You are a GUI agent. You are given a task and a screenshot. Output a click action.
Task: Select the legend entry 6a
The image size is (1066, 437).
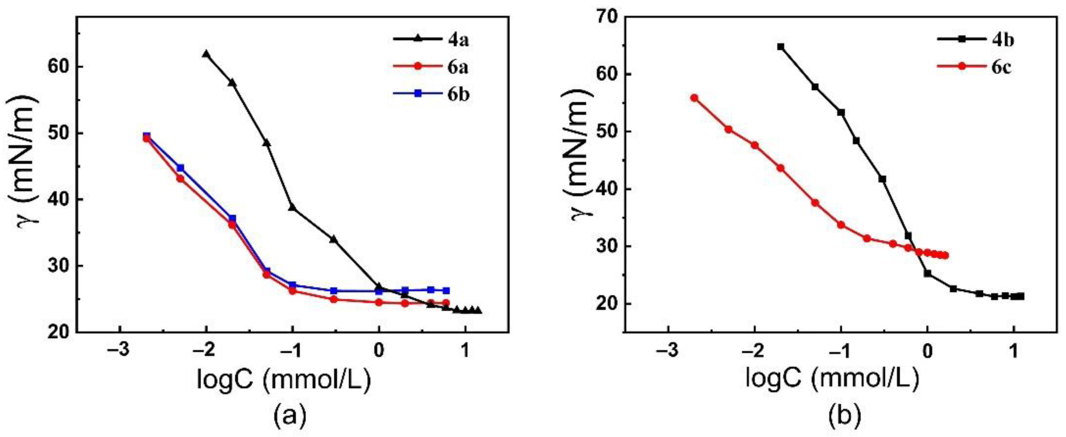tap(432, 67)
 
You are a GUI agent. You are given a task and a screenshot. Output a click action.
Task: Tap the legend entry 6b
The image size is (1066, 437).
tap(432, 94)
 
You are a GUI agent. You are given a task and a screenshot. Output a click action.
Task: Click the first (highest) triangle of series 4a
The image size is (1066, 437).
tap(206, 54)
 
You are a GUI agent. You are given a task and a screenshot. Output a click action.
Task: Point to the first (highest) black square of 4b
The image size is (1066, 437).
tap(781, 47)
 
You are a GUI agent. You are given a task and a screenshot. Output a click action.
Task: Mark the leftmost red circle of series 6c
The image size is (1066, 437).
tap(694, 98)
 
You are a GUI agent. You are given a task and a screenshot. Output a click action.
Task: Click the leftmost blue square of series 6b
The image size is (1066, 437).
tap(146, 136)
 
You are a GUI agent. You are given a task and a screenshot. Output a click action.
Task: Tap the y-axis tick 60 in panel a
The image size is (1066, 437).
tap(60, 67)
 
